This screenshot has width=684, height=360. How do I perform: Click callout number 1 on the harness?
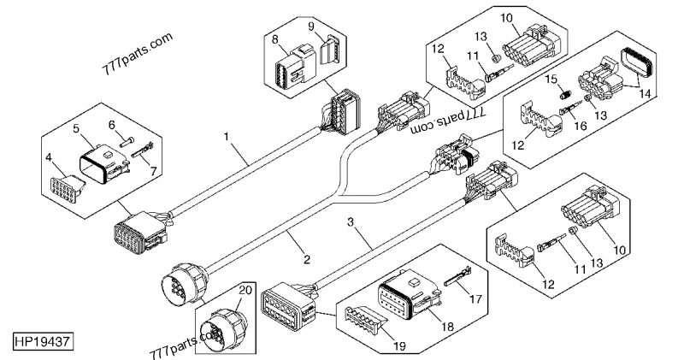[x=227, y=135]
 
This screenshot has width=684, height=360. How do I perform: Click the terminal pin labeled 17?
[x=456, y=276]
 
